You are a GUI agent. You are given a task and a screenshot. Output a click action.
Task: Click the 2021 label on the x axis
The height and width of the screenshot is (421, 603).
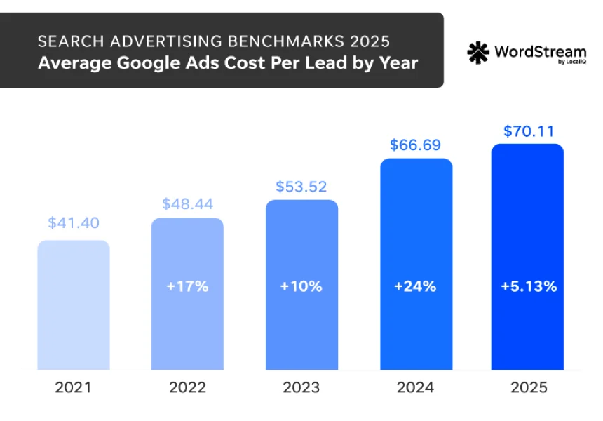click(74, 387)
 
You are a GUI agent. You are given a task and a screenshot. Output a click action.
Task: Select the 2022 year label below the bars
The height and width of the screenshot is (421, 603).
click(187, 387)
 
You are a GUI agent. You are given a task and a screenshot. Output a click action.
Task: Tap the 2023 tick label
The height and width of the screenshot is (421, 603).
click(301, 387)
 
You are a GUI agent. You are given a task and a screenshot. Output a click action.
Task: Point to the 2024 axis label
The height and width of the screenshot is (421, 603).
click(416, 387)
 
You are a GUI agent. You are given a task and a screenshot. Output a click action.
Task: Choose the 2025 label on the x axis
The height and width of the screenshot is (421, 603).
click(527, 387)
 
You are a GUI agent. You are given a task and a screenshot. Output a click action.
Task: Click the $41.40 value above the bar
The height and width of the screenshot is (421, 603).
click(74, 223)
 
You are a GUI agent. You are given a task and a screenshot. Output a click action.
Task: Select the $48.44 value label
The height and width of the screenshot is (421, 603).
click(187, 204)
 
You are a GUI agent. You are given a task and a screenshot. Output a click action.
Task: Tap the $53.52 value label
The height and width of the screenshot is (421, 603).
click(301, 187)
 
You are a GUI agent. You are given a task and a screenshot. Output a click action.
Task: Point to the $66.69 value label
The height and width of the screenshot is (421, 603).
click(416, 145)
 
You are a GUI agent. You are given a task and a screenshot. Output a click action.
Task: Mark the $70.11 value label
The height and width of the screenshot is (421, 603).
click(527, 131)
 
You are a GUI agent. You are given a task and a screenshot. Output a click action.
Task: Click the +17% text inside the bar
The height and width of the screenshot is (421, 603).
click(187, 286)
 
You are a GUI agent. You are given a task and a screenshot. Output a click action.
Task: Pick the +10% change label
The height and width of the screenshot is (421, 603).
click(301, 286)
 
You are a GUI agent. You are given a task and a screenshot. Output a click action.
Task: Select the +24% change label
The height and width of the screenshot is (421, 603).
click(416, 286)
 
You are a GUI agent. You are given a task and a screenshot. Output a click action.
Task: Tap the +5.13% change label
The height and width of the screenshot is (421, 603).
click(527, 286)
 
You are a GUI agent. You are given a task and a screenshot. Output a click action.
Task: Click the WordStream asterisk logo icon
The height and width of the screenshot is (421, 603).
click(477, 53)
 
